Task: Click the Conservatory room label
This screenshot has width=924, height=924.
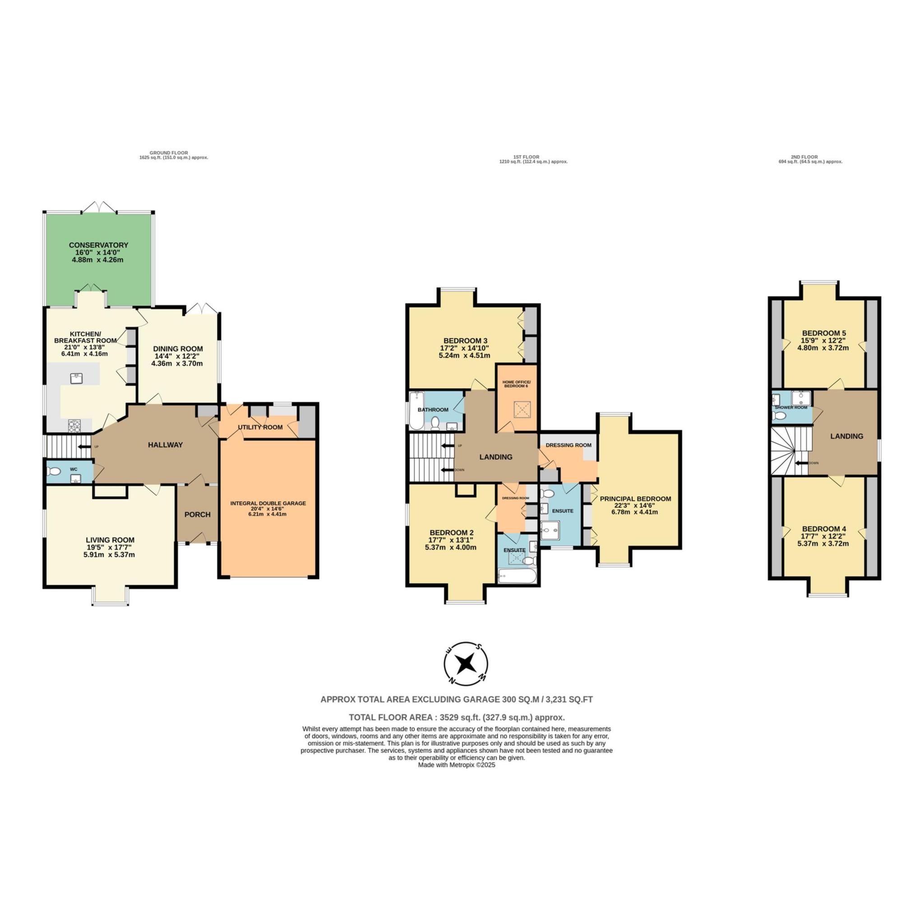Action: [x=98, y=245]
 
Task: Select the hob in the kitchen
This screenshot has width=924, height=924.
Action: [x=75, y=425]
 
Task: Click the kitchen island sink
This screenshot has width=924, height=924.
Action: [x=75, y=378]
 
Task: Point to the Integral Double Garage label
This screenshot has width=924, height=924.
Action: [x=268, y=503]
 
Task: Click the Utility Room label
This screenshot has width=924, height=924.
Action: [x=260, y=427]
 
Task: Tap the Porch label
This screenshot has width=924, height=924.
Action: [x=198, y=515]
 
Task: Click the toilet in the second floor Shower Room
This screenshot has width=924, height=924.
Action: [x=779, y=416]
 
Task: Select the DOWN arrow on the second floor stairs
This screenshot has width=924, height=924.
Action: [x=802, y=463]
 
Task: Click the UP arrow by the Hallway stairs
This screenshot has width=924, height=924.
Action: [x=85, y=447]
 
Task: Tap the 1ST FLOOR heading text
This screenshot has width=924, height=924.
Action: [x=526, y=157]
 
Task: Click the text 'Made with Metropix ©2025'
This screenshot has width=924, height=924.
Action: [x=457, y=765]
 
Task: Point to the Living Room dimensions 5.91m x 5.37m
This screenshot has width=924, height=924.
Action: [x=110, y=555]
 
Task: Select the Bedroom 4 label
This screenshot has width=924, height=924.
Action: [x=824, y=528]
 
